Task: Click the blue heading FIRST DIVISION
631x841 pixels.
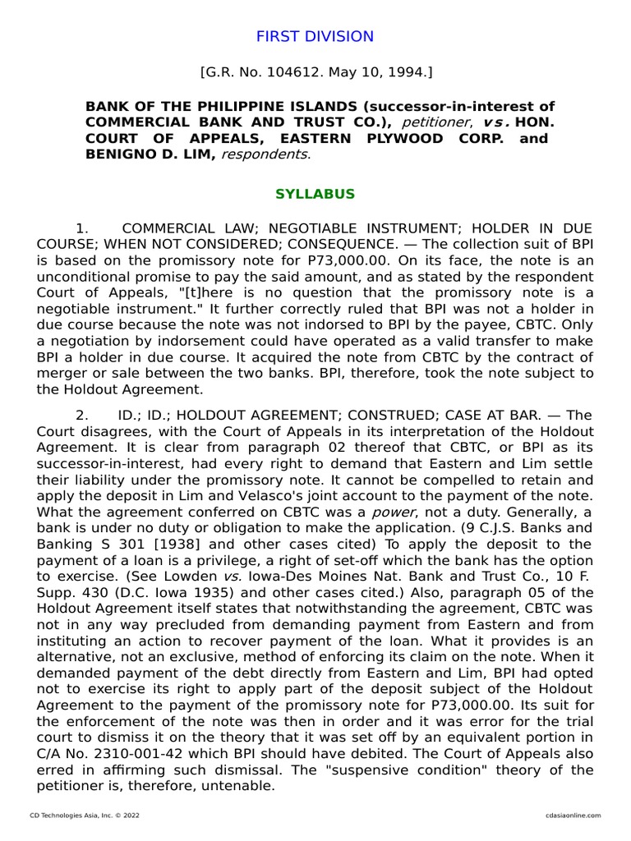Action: (x=315, y=37)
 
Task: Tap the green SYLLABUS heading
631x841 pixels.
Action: (x=315, y=195)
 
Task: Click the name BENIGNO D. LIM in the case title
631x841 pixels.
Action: (x=150, y=154)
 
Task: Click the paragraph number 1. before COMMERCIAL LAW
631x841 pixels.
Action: (x=81, y=227)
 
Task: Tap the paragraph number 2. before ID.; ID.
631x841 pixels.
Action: (x=81, y=416)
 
